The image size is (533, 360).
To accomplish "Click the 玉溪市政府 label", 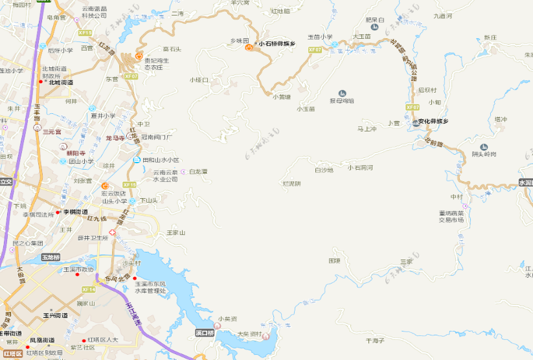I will pos(78,269).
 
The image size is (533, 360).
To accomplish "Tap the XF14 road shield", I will pos(89,289).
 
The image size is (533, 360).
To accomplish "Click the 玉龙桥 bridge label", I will pos(51,258).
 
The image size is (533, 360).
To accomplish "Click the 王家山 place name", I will pos(176,232).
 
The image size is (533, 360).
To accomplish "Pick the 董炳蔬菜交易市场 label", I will pos(451,216).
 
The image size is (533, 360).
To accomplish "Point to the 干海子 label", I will pos(375,341).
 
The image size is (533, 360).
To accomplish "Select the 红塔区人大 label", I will pos(103,340).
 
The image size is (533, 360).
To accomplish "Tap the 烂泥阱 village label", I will pos(291,184).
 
